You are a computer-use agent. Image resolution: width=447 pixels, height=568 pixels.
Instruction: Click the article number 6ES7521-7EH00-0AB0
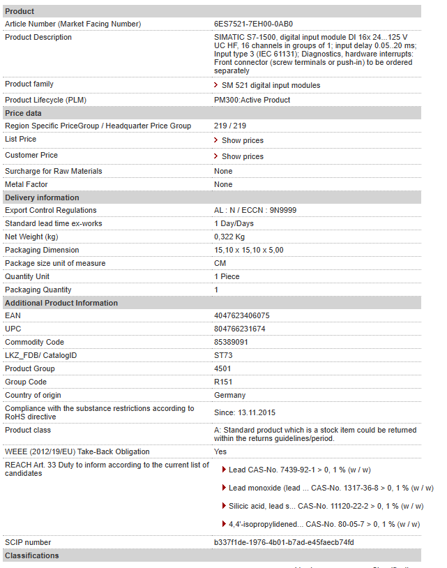[x=253, y=24]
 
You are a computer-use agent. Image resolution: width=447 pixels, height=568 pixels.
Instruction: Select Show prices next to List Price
[x=242, y=140]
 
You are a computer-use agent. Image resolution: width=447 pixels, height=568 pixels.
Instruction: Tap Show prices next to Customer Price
[x=242, y=156]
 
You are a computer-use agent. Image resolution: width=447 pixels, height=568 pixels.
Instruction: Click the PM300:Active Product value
[x=252, y=100]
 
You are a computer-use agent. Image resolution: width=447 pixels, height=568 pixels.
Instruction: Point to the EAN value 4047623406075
[x=241, y=315]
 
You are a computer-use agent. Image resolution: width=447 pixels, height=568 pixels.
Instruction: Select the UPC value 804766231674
[x=239, y=329]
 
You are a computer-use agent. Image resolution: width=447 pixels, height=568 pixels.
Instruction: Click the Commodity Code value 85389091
[x=231, y=342]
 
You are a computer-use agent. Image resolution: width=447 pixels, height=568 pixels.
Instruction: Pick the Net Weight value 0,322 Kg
[x=229, y=237]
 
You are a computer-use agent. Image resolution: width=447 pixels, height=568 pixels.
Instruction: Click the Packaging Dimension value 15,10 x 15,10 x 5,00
[x=248, y=250]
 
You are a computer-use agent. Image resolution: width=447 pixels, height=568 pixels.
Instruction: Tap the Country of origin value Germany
[x=229, y=395]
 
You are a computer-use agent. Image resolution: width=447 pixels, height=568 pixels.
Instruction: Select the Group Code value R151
[x=223, y=382]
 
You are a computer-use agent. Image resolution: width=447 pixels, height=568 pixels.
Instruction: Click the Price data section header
[x=23, y=113]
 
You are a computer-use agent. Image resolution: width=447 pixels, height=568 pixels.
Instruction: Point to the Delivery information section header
[x=42, y=197]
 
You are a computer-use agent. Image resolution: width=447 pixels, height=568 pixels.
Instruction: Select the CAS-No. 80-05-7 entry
[x=324, y=524]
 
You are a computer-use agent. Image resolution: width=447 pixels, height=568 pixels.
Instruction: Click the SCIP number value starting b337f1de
[x=284, y=542]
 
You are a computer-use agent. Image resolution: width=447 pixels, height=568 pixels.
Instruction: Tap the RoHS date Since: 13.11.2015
[x=244, y=412]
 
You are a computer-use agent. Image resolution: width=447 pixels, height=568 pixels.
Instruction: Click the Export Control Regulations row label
[x=50, y=210]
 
